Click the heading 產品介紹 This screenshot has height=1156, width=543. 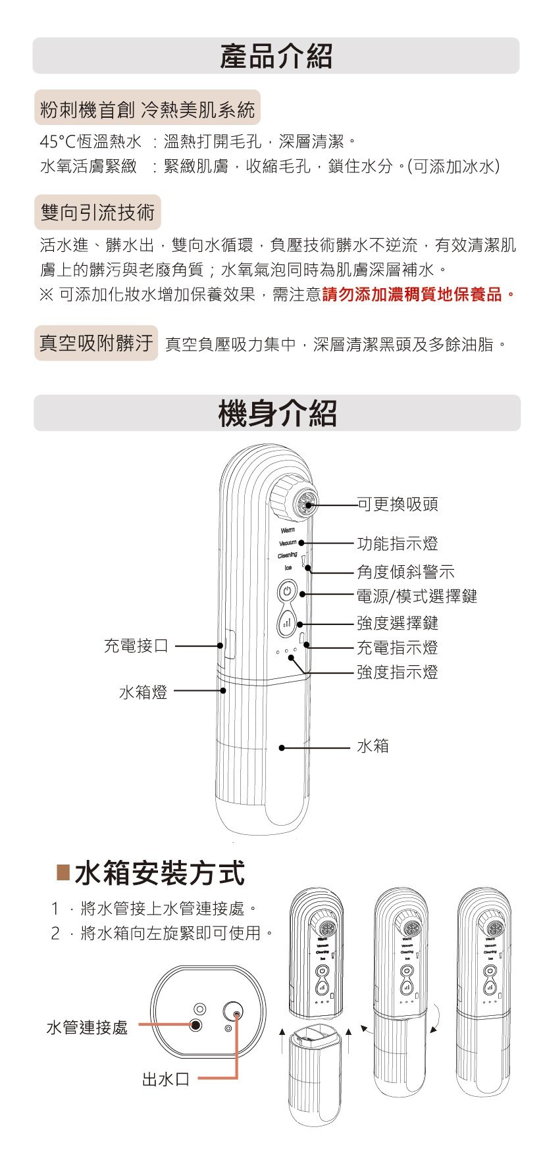point(276,56)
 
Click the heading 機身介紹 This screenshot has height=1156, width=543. point(277,414)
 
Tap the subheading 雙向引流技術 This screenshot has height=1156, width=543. point(97,212)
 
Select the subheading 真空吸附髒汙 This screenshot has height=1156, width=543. point(96,343)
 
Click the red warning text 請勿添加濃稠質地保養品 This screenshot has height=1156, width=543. point(418,295)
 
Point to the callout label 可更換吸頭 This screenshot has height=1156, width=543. point(397,505)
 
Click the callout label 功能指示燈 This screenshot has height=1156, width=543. point(397,543)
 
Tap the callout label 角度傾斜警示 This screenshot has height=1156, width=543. point(405,572)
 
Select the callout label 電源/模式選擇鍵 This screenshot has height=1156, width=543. point(417,596)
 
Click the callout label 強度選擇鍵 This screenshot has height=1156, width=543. point(397,623)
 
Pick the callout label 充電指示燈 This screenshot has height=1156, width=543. point(397,647)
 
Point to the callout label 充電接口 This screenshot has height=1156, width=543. point(136,645)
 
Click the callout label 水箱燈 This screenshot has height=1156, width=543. point(143,691)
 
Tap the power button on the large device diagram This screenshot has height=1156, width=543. point(286,591)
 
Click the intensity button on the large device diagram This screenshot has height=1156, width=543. point(286,622)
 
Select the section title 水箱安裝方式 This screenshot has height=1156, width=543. point(160,873)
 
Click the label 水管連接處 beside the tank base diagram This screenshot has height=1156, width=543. point(87,1027)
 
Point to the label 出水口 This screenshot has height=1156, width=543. point(166,1078)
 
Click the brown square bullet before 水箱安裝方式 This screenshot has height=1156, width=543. point(63,873)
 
